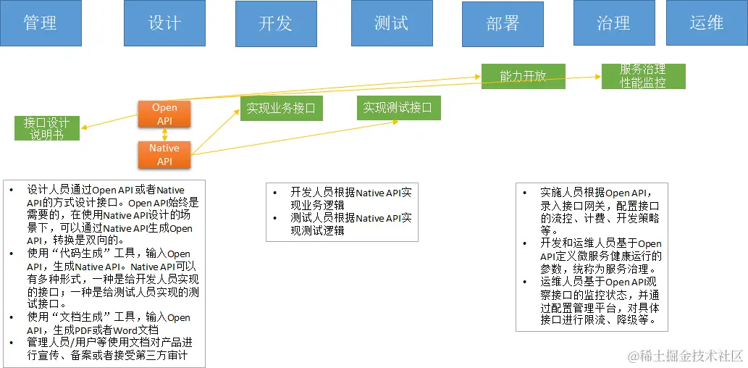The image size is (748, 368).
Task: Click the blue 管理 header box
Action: [40, 22]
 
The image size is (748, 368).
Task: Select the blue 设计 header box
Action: [164, 22]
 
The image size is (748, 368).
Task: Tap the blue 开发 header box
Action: [275, 22]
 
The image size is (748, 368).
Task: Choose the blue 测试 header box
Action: [392, 22]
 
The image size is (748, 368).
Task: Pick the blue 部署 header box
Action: [503, 22]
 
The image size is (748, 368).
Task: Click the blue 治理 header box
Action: [613, 22]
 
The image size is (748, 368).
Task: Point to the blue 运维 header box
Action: [706, 22]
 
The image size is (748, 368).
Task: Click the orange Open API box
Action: [164, 114]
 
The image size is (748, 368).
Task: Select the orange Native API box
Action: [164, 154]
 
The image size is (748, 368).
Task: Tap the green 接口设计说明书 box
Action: [46, 128]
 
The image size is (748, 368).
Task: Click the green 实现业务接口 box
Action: [282, 109]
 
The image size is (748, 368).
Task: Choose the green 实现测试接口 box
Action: [398, 108]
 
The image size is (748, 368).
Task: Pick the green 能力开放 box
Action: [523, 76]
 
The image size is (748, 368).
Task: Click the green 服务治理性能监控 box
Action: [643, 76]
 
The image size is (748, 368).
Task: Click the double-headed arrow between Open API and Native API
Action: [165, 135]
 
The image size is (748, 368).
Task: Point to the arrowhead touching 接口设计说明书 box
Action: [84, 128]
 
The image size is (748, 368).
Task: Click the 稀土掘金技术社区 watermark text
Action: [685, 356]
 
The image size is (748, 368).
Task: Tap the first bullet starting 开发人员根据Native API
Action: [340, 198]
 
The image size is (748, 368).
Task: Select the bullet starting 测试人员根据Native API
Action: [340, 224]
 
